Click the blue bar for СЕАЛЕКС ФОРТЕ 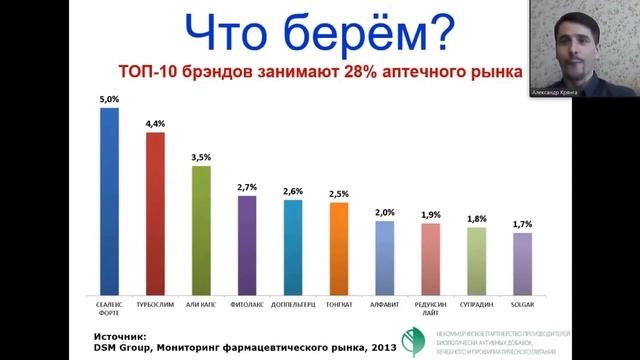point(109,200)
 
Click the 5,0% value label point(109,99)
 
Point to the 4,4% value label point(155,123)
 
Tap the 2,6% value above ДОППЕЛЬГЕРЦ point(293,191)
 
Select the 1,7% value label point(522,224)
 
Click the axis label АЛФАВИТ point(385,300)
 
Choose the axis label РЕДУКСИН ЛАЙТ point(431,304)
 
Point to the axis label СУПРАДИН point(477,300)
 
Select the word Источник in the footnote point(119,337)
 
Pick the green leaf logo point(411,341)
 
